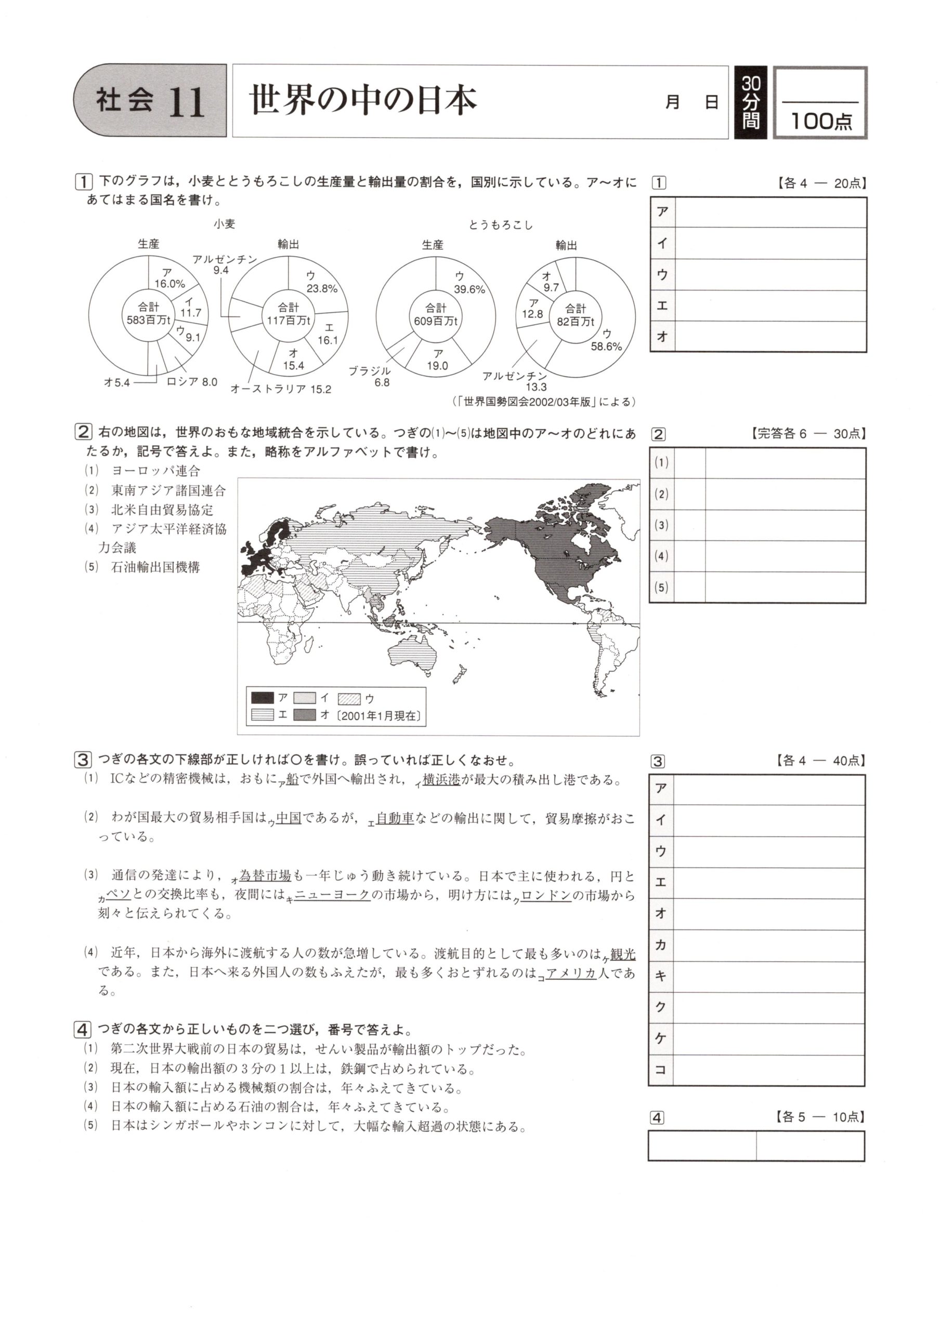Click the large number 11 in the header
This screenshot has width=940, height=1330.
pyautogui.click(x=187, y=102)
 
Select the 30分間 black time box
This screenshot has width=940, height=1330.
pyautogui.click(x=751, y=102)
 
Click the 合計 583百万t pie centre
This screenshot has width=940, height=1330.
pyautogui.click(x=148, y=313)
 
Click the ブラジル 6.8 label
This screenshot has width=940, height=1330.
pyautogui.click(x=370, y=377)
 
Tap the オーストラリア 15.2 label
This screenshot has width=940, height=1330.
pyautogui.click(x=281, y=389)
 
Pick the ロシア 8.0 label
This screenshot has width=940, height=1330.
pyautogui.click(x=191, y=382)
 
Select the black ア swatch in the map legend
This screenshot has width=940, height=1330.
pyautogui.click(x=263, y=697)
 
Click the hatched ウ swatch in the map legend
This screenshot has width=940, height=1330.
pyautogui.click(x=349, y=699)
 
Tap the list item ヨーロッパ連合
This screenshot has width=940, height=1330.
pyautogui.click(x=155, y=471)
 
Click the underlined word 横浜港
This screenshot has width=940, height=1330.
pyautogui.click(x=441, y=780)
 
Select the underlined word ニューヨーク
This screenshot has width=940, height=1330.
pyautogui.click(x=332, y=895)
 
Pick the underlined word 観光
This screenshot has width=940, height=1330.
pyautogui.click(x=622, y=954)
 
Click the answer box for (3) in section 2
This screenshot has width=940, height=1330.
pyautogui.click(x=785, y=525)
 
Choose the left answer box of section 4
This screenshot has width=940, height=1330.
pyautogui.click(x=702, y=1146)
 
